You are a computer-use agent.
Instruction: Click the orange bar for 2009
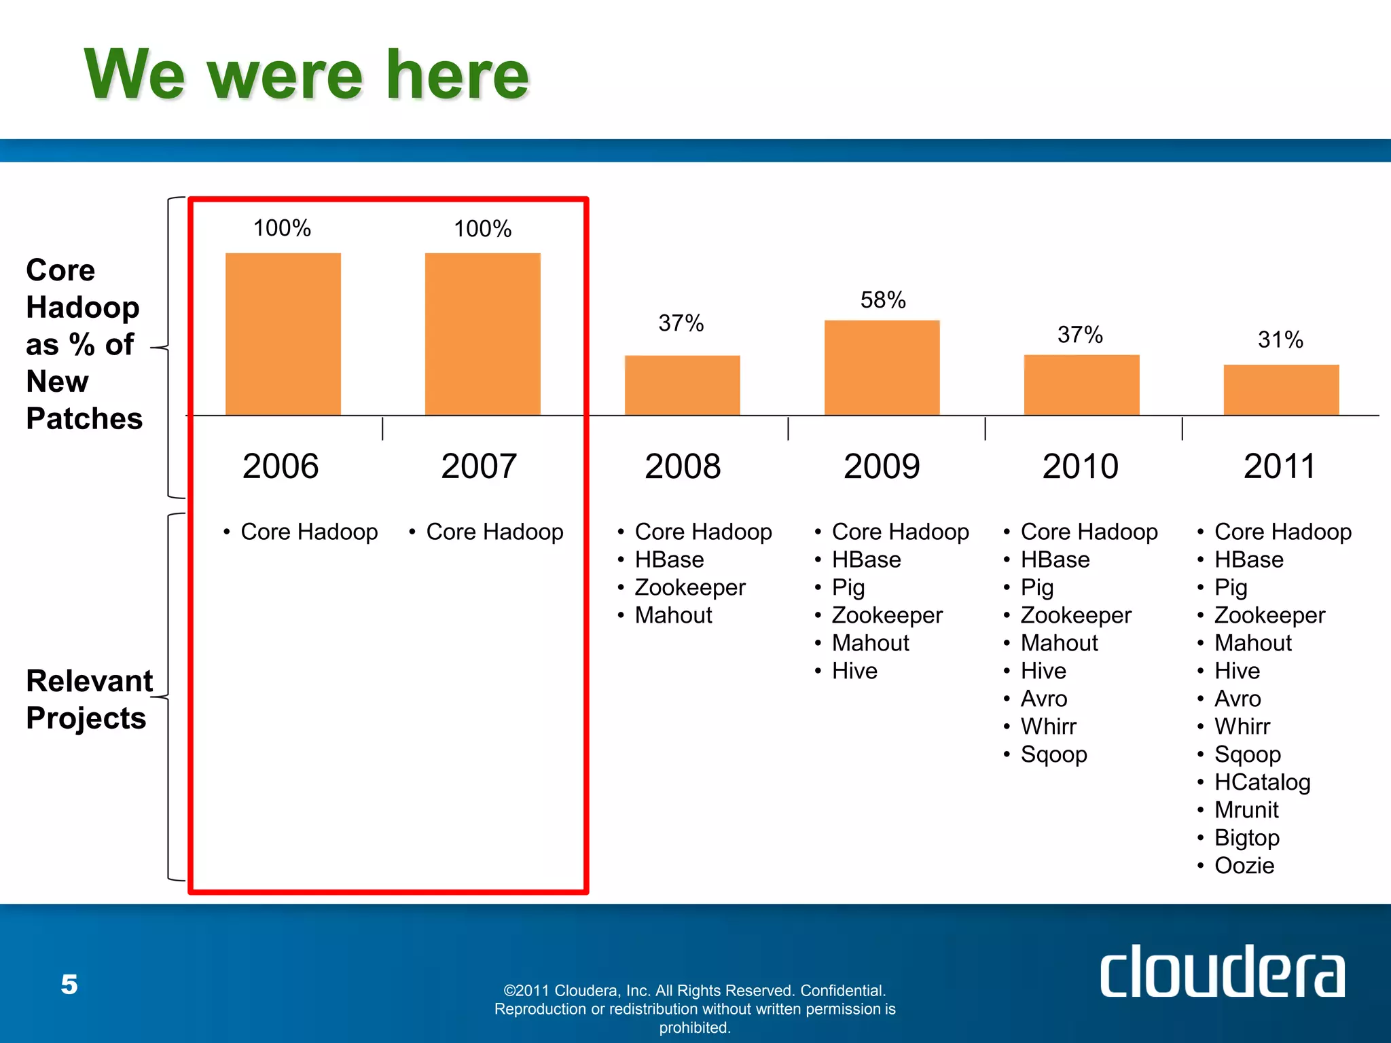[x=882, y=367]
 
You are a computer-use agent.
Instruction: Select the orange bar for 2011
[x=1281, y=390]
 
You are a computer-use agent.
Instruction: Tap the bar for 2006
[x=283, y=333]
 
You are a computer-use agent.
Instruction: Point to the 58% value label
[x=883, y=300]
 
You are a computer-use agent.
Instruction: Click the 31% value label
[x=1280, y=340]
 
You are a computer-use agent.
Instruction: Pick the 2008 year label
[x=683, y=466]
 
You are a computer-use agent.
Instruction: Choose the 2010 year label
[x=1080, y=466]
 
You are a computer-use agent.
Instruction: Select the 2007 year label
[x=479, y=466]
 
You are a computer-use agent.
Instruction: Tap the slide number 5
[x=69, y=984]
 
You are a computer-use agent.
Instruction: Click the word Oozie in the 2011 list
[x=1244, y=866]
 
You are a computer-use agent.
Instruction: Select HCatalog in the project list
[x=1262, y=782]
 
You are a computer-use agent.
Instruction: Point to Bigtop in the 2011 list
[x=1247, y=838]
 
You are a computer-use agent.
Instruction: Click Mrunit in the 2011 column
[x=1246, y=810]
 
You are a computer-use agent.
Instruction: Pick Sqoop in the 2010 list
[x=1053, y=754]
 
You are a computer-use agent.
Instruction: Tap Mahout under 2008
[x=673, y=615]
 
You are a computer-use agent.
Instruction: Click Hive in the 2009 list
[x=854, y=671]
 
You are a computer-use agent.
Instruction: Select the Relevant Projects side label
[x=88, y=699]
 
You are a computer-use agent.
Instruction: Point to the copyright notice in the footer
[x=695, y=1009]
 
